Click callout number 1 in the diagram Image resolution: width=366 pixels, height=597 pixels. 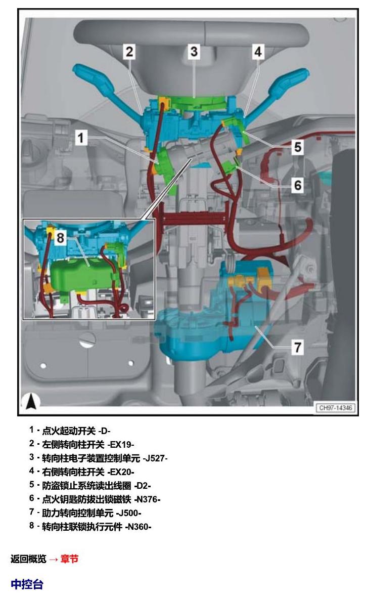81,138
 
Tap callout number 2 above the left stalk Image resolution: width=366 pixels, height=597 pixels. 129,52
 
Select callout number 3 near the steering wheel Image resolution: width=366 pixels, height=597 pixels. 194,51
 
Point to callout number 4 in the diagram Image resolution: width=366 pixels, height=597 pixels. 258,51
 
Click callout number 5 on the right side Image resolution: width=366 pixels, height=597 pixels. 298,147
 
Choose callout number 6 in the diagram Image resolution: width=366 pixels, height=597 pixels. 298,185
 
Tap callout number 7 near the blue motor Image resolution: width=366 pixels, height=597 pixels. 298,347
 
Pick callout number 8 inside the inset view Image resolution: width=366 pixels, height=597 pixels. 61,238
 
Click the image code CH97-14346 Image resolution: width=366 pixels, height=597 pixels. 336,408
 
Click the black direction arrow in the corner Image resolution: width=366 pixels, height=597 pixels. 31,402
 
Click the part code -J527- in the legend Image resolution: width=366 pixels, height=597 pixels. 155,458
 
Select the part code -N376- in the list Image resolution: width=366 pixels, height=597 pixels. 147,499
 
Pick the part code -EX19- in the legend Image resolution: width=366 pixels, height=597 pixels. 121,444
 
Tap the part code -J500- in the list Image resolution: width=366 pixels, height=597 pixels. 128,513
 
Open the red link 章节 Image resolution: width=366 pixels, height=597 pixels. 69,559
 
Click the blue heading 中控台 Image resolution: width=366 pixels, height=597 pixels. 27,584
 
